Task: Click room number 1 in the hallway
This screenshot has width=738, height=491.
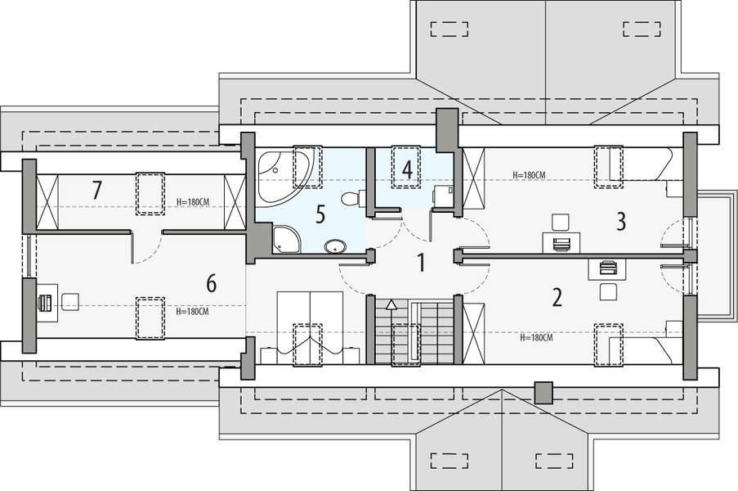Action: (422, 264)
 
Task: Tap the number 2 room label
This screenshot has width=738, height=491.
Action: (557, 297)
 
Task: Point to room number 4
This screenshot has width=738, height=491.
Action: (406, 169)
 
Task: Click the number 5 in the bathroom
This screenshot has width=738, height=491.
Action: (320, 214)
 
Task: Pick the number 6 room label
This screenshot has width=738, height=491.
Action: (211, 284)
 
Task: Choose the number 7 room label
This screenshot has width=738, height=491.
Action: (96, 191)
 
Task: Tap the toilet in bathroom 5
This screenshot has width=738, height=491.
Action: (350, 198)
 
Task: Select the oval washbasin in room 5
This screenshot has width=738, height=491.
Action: (335, 245)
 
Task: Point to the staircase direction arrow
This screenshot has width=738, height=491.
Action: (391, 305)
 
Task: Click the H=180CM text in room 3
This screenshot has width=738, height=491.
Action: (529, 175)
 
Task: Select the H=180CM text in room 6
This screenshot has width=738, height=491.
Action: (193, 311)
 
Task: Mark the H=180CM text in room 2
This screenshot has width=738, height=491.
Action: (537, 337)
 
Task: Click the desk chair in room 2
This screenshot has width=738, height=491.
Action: (607, 291)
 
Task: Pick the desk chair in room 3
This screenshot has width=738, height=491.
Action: (560, 222)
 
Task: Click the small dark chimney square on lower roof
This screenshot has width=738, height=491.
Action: (543, 392)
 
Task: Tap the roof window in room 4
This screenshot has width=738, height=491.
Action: (406, 168)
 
